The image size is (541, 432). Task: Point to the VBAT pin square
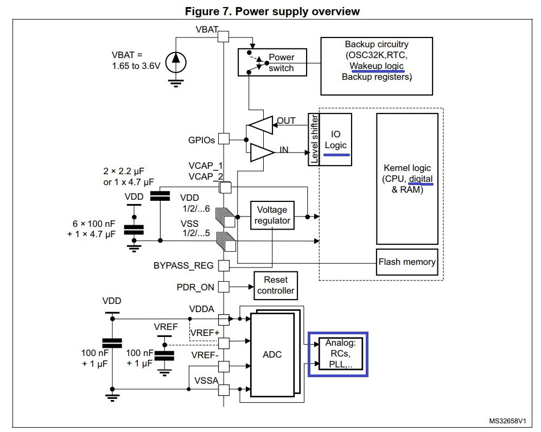tap(223, 36)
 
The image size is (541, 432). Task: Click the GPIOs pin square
tap(224, 139)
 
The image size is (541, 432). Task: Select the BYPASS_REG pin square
tap(224, 265)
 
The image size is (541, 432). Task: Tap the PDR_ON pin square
tap(224, 287)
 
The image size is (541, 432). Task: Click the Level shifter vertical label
tap(314, 139)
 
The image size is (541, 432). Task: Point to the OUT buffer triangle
tap(260, 125)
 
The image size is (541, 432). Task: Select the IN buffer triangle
tap(262, 153)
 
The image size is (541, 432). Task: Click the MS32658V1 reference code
tap(507, 421)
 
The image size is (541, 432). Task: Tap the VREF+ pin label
tap(205, 333)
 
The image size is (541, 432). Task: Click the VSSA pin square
tap(224, 390)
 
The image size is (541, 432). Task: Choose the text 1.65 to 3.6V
tap(136, 66)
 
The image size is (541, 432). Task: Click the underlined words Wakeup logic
tap(377, 66)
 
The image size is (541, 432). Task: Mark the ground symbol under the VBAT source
tap(176, 84)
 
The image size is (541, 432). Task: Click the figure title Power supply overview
tap(297, 11)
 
